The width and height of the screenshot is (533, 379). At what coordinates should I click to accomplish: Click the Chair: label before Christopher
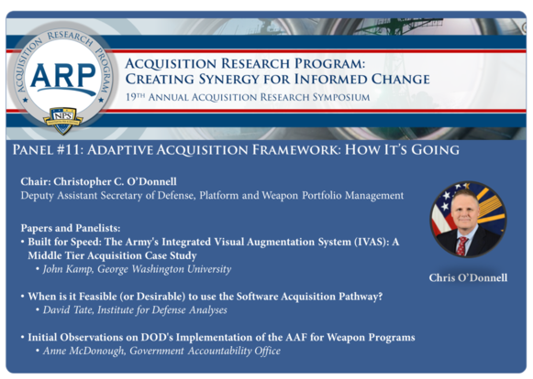pos(39,181)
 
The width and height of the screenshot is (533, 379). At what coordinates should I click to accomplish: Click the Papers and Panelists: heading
pos(72,226)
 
